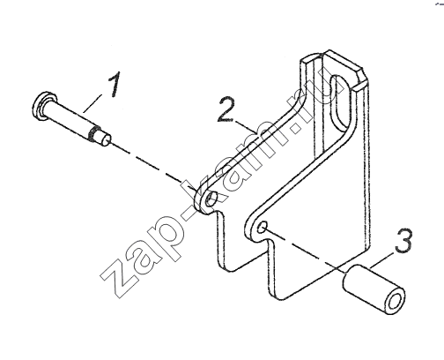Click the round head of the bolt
point(41,106)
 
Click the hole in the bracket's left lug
point(211,199)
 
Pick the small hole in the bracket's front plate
point(263,227)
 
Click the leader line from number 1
point(92,103)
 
